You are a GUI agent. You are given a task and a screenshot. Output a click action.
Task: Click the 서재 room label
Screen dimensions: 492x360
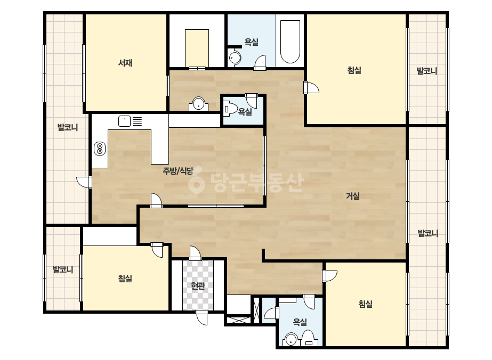click(x=125, y=63)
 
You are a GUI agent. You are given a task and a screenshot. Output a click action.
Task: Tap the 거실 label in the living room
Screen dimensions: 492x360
click(x=353, y=196)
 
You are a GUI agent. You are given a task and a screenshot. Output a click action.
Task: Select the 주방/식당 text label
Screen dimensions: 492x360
click(x=178, y=171)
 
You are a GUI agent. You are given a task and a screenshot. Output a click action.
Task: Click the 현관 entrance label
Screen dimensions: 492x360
click(x=198, y=285)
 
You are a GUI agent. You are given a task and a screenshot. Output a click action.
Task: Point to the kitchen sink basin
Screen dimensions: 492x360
click(x=124, y=121)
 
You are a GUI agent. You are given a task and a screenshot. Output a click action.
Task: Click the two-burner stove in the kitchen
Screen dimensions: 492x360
click(x=100, y=149)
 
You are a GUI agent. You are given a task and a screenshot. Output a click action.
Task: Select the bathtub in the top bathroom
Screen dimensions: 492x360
click(x=290, y=42)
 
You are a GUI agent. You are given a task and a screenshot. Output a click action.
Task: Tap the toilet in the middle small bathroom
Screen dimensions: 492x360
click(x=230, y=109)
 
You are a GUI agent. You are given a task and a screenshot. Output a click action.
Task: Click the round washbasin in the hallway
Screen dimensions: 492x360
click(x=198, y=104)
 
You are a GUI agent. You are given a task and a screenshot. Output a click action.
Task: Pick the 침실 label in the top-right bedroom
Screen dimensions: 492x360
click(x=354, y=70)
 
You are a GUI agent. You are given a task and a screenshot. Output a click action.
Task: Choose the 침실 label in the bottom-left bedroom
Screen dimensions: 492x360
click(x=125, y=278)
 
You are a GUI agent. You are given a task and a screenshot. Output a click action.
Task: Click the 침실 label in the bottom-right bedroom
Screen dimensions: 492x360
click(x=365, y=304)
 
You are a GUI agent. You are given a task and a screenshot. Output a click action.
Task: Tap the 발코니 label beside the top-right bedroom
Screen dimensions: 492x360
click(x=427, y=71)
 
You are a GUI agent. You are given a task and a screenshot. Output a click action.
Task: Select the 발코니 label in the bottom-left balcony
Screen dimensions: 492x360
click(x=63, y=269)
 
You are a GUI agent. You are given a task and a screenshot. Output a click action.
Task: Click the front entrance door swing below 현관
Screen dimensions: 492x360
click(x=201, y=317)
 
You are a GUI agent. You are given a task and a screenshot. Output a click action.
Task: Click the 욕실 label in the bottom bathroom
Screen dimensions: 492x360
click(x=300, y=322)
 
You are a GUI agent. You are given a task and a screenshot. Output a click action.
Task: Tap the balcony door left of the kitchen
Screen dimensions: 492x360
click(x=84, y=182)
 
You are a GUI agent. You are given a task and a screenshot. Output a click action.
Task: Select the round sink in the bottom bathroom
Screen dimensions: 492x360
click(x=291, y=340)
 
